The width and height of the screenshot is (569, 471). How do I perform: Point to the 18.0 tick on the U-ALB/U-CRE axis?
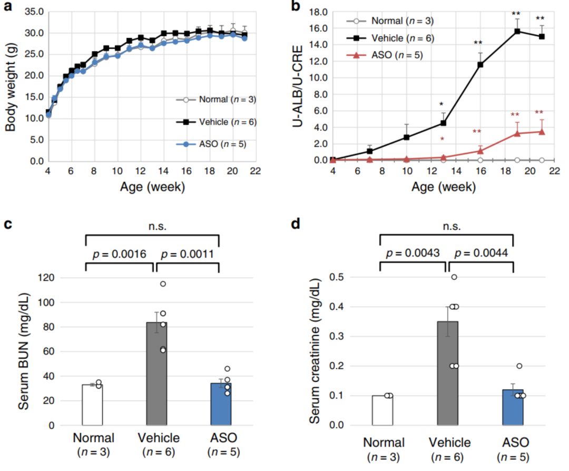pos(318,12)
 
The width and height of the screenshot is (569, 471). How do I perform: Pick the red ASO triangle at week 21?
pos(542,132)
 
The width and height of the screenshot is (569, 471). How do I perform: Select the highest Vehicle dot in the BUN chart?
pos(163,284)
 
